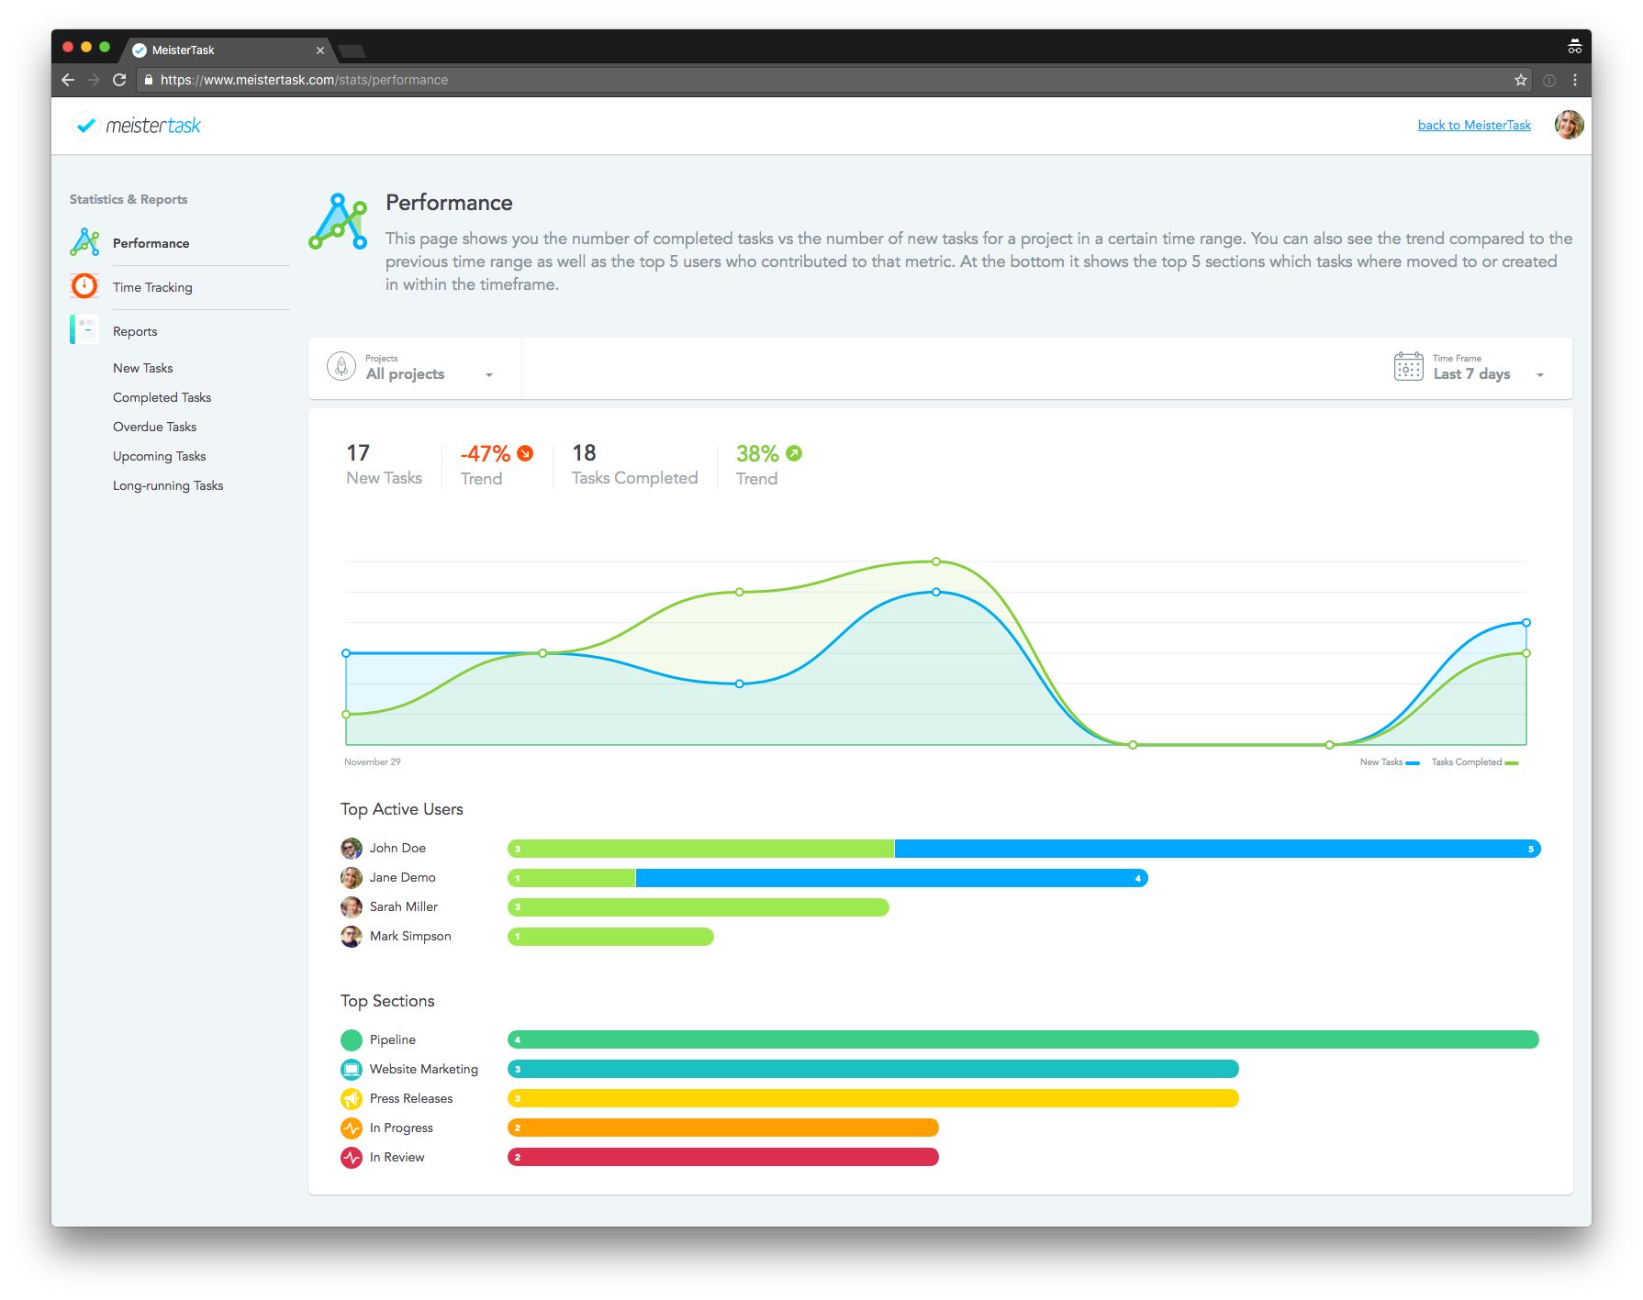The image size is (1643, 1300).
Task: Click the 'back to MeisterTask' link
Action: point(1473,125)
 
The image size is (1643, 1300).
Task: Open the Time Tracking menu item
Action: point(152,287)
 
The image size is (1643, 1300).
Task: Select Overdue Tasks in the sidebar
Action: point(154,427)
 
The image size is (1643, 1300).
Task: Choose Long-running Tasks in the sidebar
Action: point(168,485)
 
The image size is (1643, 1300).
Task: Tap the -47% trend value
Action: point(486,454)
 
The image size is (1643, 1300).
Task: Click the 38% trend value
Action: point(757,454)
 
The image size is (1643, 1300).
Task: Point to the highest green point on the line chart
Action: point(935,561)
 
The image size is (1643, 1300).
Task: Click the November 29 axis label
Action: point(372,762)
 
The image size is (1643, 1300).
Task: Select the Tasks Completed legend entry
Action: point(1474,762)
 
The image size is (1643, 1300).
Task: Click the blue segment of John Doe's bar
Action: point(1216,849)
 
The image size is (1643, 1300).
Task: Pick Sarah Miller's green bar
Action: point(698,907)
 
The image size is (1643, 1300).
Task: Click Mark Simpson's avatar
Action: point(352,937)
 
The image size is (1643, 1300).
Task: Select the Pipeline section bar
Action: point(1023,1039)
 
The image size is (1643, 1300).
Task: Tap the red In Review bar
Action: point(722,1157)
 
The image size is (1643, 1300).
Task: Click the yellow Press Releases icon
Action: point(352,1098)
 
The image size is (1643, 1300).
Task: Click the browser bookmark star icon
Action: point(1520,80)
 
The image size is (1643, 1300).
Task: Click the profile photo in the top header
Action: point(1569,125)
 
